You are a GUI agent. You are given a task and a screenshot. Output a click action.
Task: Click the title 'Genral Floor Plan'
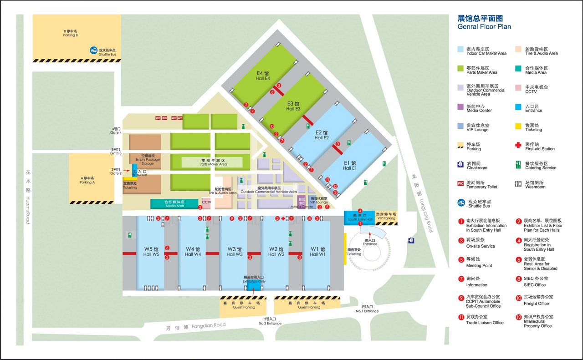(x=484, y=26)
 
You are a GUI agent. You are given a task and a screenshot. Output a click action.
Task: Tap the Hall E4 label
(x=263, y=76)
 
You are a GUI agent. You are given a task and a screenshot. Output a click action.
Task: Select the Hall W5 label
(x=151, y=252)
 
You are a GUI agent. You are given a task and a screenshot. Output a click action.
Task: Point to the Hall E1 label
(x=350, y=166)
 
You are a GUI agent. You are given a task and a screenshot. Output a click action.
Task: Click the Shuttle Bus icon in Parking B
(x=93, y=51)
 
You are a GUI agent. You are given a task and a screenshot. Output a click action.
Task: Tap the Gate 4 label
(x=116, y=131)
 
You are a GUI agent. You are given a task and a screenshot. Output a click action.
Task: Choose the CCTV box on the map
(x=206, y=203)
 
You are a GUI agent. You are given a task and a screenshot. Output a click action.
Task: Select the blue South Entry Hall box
(x=360, y=217)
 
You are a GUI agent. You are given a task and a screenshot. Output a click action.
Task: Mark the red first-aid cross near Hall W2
(x=283, y=219)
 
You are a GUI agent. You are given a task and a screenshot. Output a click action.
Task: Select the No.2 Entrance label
(x=270, y=321)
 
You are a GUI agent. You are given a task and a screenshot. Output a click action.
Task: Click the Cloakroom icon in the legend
(x=460, y=165)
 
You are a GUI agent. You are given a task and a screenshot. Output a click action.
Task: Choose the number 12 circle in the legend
(x=518, y=317)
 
